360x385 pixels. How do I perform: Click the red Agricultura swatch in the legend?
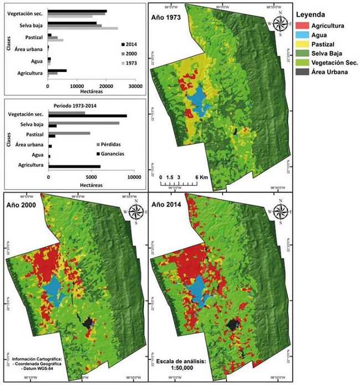click(303, 26)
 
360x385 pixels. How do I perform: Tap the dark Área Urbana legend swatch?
click(303, 73)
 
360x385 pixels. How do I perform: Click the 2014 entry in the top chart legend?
click(130, 44)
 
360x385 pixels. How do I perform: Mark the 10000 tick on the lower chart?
click(133, 177)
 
